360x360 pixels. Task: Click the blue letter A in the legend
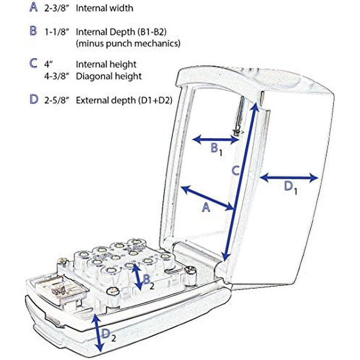tap(33, 7)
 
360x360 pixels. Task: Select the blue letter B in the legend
tap(33, 31)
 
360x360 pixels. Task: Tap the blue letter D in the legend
tap(34, 99)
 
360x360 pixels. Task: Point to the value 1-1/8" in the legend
tap(57, 32)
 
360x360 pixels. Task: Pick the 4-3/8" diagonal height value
tap(57, 76)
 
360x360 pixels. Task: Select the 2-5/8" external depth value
tap(57, 100)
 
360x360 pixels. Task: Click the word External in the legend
tap(91, 100)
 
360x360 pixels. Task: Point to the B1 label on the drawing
tap(217, 150)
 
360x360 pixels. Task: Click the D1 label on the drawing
tap(290, 188)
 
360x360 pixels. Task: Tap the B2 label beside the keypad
tap(148, 282)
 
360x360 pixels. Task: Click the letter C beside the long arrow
tap(236, 171)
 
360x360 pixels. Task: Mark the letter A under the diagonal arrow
tap(206, 207)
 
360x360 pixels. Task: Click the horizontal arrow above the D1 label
tap(289, 178)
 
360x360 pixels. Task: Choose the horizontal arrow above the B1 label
tap(216, 139)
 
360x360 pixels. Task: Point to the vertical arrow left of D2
tap(98, 332)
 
